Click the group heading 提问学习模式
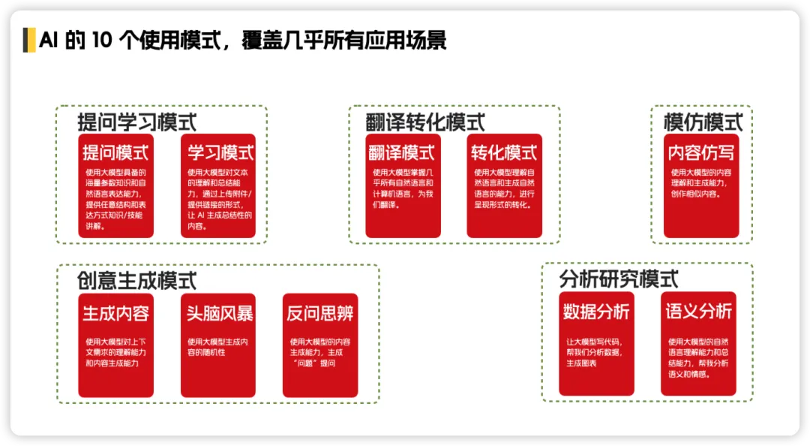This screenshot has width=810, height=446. (x=137, y=122)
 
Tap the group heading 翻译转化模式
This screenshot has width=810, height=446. (x=425, y=122)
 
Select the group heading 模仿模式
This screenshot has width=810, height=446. (x=703, y=122)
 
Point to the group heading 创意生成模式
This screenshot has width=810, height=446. (x=137, y=280)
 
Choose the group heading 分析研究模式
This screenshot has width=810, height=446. (x=619, y=279)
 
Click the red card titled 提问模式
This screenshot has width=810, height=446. (x=115, y=186)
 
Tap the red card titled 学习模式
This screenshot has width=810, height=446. (x=217, y=186)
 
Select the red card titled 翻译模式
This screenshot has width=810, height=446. (x=402, y=186)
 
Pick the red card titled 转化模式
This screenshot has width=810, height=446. (x=504, y=186)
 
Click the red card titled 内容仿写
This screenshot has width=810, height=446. (x=701, y=186)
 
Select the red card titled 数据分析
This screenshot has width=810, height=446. (x=596, y=344)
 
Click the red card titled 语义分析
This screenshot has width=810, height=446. (x=698, y=344)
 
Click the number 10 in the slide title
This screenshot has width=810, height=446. (x=102, y=40)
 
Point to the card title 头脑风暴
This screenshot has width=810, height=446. (x=219, y=313)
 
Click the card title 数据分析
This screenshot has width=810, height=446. (x=596, y=311)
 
